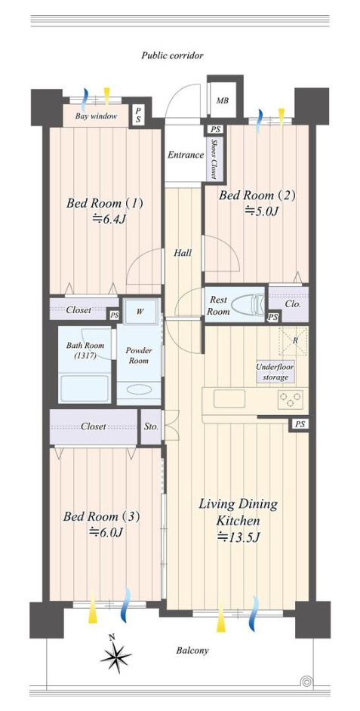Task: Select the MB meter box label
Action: click(222, 100)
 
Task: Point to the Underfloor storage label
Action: click(275, 372)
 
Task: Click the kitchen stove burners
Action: click(290, 400)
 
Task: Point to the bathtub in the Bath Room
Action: click(85, 388)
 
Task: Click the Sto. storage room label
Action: click(151, 426)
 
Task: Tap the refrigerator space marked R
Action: click(294, 340)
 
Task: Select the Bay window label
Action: click(96, 116)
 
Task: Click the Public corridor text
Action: click(172, 56)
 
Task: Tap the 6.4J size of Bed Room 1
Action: click(107, 219)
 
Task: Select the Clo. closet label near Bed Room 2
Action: click(293, 304)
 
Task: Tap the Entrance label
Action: click(186, 155)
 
